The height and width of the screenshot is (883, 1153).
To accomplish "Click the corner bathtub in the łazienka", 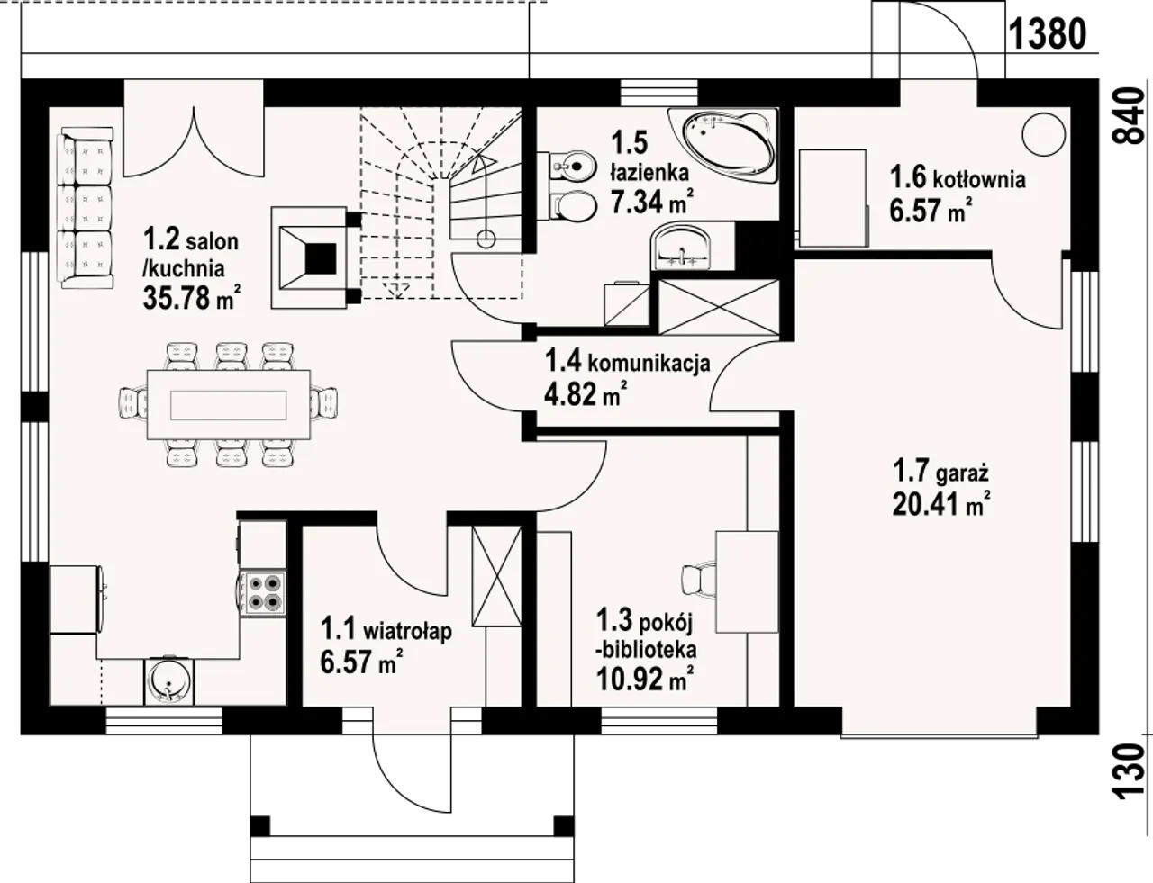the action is (x=723, y=145).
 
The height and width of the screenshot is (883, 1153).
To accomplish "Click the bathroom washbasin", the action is (x=681, y=247).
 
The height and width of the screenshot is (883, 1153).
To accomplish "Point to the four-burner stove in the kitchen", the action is (x=263, y=592).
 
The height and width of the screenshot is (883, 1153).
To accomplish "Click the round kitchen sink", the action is (x=168, y=681).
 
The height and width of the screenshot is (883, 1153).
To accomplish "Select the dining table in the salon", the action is (x=229, y=405).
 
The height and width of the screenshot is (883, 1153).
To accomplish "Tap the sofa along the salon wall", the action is (x=86, y=207).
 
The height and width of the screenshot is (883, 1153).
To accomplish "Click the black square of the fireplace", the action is (x=321, y=259).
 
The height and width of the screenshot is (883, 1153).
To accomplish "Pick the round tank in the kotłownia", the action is (x=1043, y=135).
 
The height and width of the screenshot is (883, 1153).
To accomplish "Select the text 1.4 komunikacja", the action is (x=627, y=363).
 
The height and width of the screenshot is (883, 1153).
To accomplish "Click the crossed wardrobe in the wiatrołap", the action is (x=496, y=576).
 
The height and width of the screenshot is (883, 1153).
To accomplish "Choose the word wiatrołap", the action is (x=407, y=631).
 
